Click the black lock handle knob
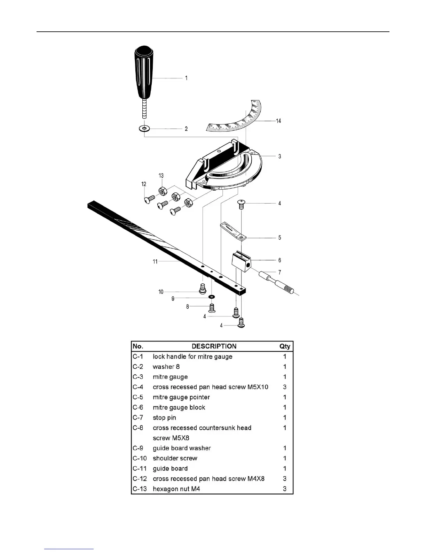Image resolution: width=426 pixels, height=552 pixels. (x=143, y=73)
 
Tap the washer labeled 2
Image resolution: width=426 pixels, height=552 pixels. (x=144, y=129)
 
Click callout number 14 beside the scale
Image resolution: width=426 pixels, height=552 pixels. (x=278, y=121)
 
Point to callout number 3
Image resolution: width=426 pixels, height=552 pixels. (x=279, y=156)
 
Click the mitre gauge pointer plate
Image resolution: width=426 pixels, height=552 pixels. (x=233, y=231)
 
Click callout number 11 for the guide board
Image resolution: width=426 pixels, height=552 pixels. (x=155, y=261)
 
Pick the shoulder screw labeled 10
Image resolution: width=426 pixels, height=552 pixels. (x=203, y=289)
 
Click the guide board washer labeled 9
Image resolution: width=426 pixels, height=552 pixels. (x=211, y=297)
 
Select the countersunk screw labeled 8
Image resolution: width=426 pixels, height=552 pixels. (x=211, y=308)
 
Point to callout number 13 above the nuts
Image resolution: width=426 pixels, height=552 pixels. (x=161, y=176)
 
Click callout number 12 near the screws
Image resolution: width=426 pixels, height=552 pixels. (x=144, y=184)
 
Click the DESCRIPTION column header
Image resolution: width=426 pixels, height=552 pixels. (x=214, y=346)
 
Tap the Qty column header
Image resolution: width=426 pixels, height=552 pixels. (x=285, y=346)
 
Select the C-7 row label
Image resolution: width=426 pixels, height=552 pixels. (x=138, y=417)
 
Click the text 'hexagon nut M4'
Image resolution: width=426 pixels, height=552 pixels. (x=176, y=489)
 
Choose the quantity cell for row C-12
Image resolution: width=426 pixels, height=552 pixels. (x=285, y=479)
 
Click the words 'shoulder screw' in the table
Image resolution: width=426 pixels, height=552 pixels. (x=175, y=458)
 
